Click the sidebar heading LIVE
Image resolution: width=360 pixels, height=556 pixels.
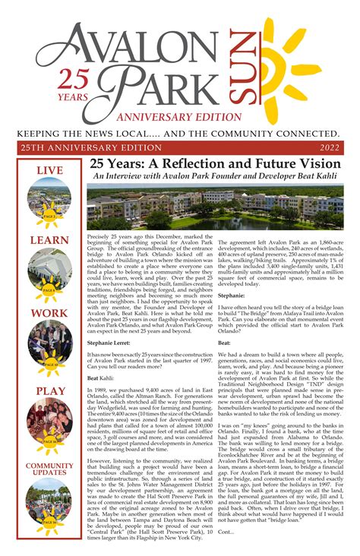(49, 171)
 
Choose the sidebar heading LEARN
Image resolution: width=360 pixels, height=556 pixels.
(49, 240)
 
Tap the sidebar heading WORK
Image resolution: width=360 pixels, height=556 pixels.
(49, 312)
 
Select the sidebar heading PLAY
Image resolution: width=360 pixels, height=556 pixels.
(49, 391)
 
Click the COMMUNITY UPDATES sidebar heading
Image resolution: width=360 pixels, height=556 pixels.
(49, 469)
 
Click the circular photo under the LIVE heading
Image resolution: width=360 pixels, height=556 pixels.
(49, 200)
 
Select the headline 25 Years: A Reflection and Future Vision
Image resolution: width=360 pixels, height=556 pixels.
(215, 164)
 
